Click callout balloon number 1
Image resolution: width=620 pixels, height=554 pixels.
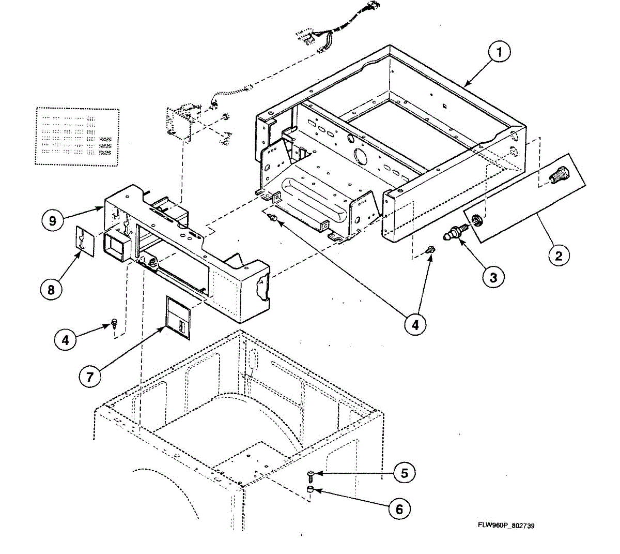pyautogui.click(x=499, y=52)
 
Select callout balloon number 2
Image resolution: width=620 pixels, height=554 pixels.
pyautogui.click(x=559, y=255)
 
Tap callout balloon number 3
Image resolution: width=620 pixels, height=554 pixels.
pyautogui.click(x=493, y=277)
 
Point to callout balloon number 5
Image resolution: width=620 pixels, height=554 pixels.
pyautogui.click(x=404, y=473)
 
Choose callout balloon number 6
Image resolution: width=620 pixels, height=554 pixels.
pyautogui.click(x=399, y=509)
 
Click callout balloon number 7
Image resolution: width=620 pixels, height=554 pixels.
pyautogui.click(x=90, y=377)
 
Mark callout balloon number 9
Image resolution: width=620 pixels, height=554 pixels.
pyautogui.click(x=52, y=221)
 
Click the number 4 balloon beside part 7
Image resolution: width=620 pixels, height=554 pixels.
pyautogui.click(x=65, y=340)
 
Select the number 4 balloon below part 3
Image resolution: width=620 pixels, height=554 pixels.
pyautogui.click(x=415, y=324)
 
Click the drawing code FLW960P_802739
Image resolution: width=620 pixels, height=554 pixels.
pyautogui.click(x=506, y=526)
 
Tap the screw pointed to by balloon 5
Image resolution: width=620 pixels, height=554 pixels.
pyautogui.click(x=311, y=473)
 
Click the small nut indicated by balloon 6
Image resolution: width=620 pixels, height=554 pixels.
pyautogui.click(x=310, y=489)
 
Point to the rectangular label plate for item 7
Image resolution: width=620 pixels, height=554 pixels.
pyautogui.click(x=178, y=318)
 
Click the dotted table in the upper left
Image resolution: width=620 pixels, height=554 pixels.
pyautogui.click(x=78, y=137)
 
